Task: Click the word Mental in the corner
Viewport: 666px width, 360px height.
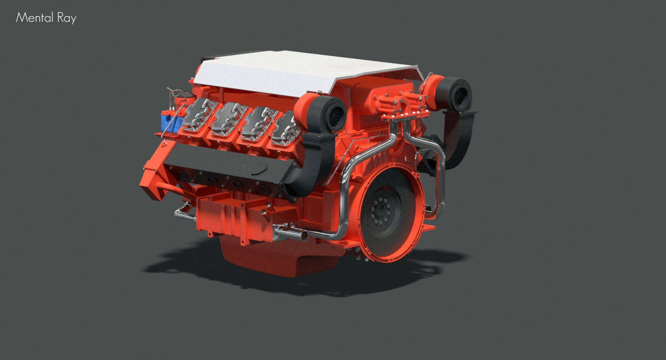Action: coord(34,18)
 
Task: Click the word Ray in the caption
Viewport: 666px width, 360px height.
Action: coord(67,18)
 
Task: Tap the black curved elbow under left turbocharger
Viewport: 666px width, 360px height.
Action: coord(312,163)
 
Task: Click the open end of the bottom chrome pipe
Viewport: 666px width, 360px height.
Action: coord(304,236)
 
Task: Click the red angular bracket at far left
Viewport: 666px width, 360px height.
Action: coord(153,180)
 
